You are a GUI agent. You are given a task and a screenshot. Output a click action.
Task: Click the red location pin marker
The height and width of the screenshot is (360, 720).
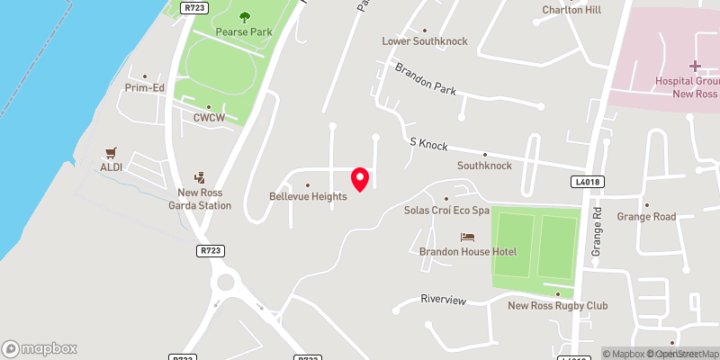(360, 178)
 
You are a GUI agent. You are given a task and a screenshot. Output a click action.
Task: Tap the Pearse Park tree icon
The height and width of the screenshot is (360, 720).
(244, 16)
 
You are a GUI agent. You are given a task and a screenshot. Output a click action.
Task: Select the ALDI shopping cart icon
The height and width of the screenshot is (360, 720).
(112, 153)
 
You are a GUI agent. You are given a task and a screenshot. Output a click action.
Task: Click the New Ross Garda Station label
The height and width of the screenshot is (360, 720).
(204, 199)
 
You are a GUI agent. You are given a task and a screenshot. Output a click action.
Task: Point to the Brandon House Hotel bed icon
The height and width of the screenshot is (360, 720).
(467, 237)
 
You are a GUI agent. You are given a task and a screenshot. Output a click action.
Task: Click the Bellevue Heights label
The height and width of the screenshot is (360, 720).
(308, 195)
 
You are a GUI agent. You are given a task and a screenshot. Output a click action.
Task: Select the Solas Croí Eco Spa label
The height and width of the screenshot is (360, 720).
(446, 210)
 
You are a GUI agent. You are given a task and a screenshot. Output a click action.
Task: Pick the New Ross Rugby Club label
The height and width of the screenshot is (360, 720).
(557, 306)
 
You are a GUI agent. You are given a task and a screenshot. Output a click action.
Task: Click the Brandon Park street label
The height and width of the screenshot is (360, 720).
(426, 79)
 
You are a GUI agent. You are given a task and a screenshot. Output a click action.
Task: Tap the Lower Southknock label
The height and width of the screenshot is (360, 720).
(425, 41)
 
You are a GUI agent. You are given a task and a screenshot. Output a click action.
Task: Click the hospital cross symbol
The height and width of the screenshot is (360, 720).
(694, 66)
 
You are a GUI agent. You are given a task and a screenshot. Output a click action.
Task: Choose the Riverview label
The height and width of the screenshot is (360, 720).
(443, 300)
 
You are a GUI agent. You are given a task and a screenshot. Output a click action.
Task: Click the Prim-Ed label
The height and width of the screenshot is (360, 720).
(144, 88)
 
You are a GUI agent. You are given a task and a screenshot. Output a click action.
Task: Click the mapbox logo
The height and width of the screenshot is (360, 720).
(40, 348)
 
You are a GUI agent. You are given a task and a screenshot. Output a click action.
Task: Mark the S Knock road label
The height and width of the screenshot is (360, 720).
(428, 145)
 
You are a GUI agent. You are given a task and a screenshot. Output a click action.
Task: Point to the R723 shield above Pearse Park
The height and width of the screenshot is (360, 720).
(194, 6)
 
